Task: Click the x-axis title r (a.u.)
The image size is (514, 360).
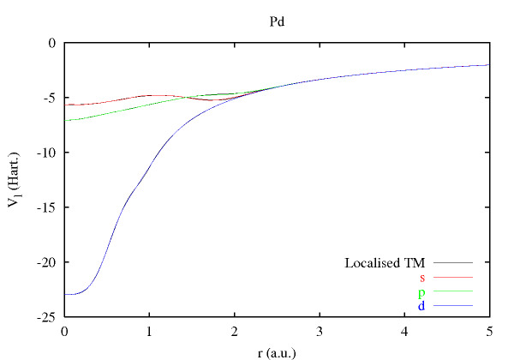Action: pos(277,351)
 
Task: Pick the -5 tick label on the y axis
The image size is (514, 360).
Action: pos(48,98)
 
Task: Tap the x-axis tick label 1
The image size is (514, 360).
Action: pos(149,331)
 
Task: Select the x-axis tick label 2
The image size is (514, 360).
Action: pos(234,331)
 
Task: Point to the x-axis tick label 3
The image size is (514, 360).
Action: pos(319,331)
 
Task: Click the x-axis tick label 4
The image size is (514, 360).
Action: pos(403,331)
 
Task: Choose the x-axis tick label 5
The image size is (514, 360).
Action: pos(488,331)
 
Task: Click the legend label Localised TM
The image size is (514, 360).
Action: pos(385,262)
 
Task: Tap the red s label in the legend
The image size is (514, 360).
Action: pos(422,277)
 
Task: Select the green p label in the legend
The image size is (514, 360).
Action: pos(422,292)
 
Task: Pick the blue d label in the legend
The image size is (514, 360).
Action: pos(422,306)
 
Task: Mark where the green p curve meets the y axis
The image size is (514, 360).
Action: pos(65,120)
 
